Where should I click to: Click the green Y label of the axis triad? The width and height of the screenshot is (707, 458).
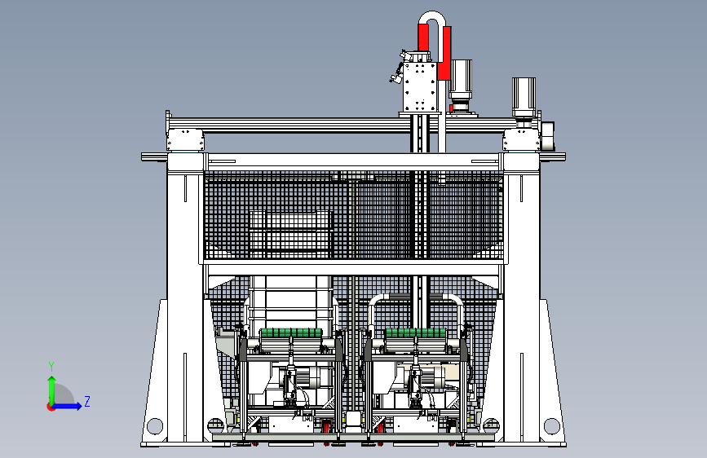tap(51, 367)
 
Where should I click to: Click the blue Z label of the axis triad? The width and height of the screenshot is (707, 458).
tap(87, 401)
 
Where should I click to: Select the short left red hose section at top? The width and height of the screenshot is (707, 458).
tap(423, 37)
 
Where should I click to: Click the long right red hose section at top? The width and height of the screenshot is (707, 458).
tap(444, 53)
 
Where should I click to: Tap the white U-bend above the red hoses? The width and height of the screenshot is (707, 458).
tap(432, 20)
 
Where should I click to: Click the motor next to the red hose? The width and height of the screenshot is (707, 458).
tap(461, 86)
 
